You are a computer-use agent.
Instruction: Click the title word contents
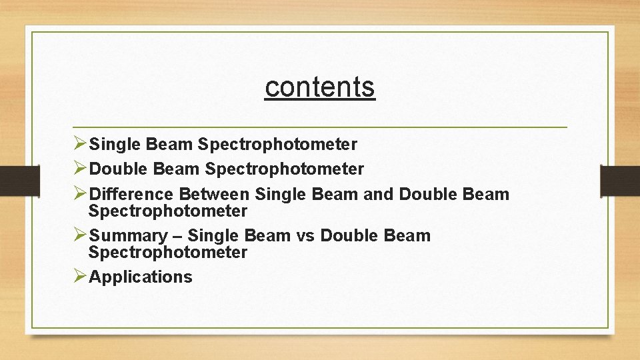[320, 87]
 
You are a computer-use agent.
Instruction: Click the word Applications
[141, 277]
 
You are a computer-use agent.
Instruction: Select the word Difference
[131, 195]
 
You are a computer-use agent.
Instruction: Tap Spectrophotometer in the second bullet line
[285, 169]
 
